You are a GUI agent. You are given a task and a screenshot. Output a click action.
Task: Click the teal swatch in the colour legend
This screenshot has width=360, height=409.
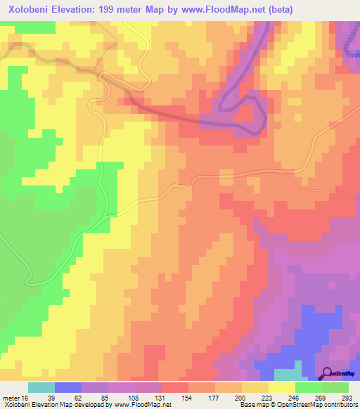[41, 387]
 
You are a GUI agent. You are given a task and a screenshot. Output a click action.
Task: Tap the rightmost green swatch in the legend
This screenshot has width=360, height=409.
[335, 387]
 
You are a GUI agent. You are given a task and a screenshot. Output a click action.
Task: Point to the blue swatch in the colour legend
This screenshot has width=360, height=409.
[68, 387]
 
